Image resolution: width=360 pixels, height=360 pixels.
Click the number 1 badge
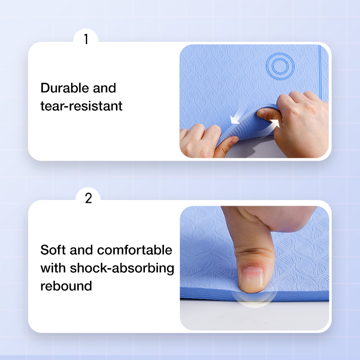coord(86,39)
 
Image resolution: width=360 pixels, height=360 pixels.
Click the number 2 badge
coord(88,198)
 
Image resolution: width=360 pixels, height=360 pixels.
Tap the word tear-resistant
coord(81,106)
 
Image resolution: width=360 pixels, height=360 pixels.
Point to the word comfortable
coord(135,250)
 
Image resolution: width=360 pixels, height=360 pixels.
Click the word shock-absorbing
coord(122,268)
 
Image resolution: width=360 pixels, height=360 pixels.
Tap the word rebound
coord(66,286)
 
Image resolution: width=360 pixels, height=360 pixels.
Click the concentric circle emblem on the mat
coord(280,66)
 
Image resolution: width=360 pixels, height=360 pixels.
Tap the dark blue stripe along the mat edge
coord(320,73)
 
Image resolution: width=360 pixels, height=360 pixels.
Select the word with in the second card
coord(53,268)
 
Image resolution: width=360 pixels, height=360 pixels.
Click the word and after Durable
coord(104,88)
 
